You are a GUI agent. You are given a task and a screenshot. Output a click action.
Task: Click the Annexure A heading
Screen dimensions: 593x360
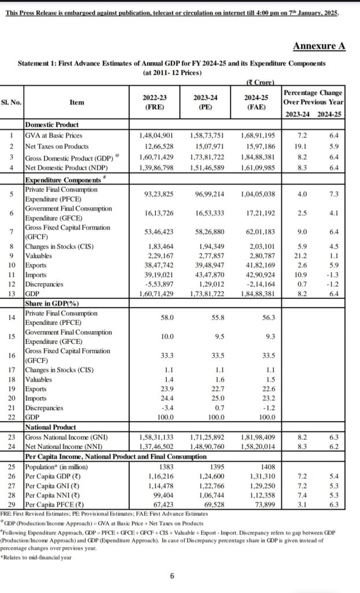pos(319,46)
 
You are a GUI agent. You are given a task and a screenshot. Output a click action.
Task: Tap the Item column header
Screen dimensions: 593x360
pos(76,103)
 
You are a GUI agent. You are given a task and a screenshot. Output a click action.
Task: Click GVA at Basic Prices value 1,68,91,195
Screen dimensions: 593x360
pos(260,136)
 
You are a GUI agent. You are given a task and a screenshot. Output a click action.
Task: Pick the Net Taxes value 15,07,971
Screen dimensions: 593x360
pos(210,147)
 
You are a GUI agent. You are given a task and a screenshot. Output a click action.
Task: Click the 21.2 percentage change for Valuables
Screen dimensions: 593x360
pos(302,256)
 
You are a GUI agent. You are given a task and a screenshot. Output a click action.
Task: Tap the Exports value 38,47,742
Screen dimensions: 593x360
pos(157,266)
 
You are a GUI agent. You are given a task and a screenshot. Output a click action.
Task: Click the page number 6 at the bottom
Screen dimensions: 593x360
pos(171,575)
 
